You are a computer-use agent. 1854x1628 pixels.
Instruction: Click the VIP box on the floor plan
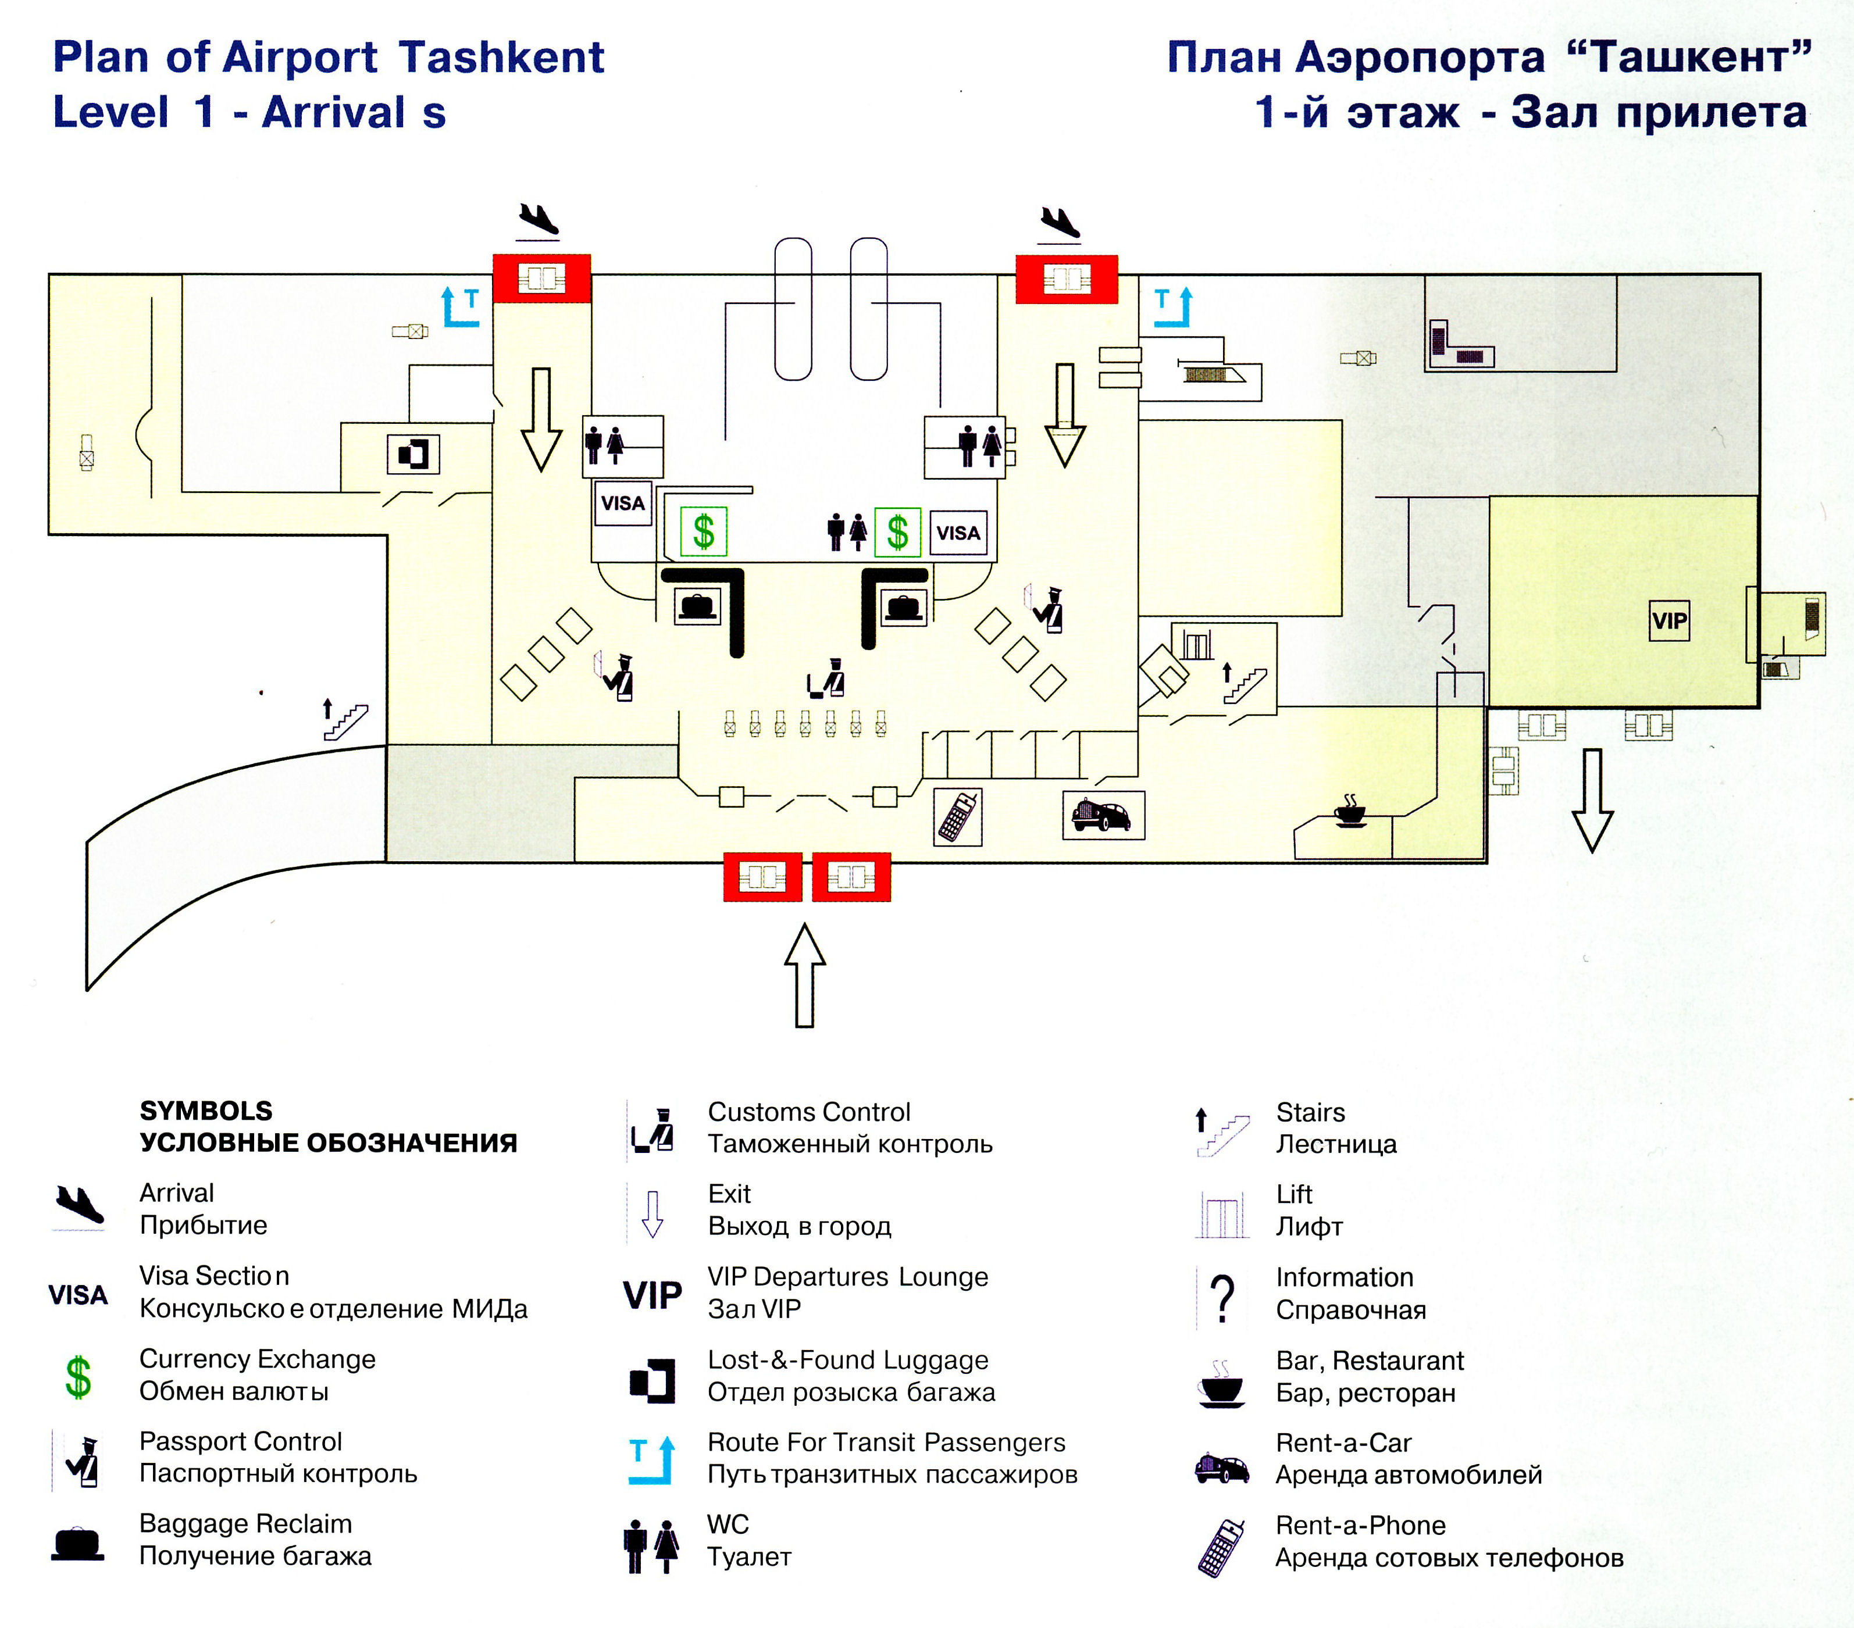coord(1669,622)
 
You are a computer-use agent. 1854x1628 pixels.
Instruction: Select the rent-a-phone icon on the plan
coord(958,816)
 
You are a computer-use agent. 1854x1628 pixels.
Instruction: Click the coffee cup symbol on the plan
coord(1350,812)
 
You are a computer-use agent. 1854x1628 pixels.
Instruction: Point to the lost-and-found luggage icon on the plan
coord(413,454)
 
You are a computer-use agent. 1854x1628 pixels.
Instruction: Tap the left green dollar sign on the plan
coord(704,531)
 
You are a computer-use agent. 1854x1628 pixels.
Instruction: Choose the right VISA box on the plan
coord(958,533)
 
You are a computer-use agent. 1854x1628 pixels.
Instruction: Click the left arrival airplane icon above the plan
coord(538,220)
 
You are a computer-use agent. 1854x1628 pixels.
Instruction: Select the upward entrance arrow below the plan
coord(804,975)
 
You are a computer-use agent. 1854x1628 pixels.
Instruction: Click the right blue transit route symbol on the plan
coord(1173,306)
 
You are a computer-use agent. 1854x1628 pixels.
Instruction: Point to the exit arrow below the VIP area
coord(1592,799)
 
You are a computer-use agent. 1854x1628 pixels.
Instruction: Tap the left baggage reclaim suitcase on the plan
coord(697,605)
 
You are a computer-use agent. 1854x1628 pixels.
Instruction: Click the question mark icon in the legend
coord(1222,1298)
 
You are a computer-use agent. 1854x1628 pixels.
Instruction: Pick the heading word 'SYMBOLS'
coord(206,1111)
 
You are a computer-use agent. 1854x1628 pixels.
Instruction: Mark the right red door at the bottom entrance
coord(851,877)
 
